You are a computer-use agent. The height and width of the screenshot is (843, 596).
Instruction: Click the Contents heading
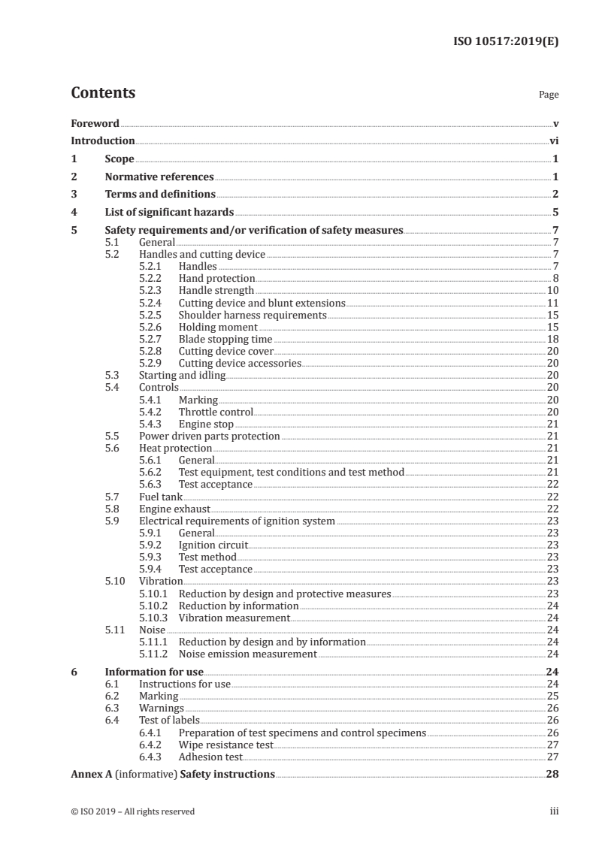click(x=103, y=93)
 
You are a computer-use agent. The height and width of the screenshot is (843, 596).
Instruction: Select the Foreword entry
click(x=95, y=123)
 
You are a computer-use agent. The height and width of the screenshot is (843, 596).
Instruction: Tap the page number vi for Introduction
click(x=553, y=140)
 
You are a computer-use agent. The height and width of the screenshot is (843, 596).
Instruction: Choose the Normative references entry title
click(x=159, y=177)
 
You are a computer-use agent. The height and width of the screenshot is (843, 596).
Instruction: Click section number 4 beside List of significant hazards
click(x=74, y=213)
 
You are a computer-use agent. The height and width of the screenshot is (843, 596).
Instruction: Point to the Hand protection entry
click(x=216, y=278)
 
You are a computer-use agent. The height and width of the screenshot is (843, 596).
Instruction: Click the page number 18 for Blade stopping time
click(x=552, y=340)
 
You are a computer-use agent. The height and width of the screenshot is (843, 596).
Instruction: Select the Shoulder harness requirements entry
click(x=252, y=315)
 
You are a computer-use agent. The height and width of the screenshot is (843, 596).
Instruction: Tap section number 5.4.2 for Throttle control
click(x=154, y=412)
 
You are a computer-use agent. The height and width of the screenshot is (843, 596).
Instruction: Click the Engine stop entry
click(x=206, y=425)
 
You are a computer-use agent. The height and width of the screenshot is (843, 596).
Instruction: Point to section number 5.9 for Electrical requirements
click(x=112, y=521)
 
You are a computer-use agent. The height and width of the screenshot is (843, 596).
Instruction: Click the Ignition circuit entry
click(x=213, y=545)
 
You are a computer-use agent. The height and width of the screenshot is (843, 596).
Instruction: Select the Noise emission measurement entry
click(x=247, y=654)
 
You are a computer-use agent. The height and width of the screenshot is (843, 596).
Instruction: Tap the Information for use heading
click(x=154, y=672)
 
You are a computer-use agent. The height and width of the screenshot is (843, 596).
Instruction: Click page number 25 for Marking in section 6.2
click(x=552, y=696)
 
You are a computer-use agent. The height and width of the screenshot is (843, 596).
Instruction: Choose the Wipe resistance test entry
click(x=225, y=744)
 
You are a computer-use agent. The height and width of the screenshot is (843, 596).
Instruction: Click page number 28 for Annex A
click(x=552, y=774)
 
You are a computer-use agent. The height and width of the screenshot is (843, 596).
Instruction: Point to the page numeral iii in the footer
click(x=554, y=811)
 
